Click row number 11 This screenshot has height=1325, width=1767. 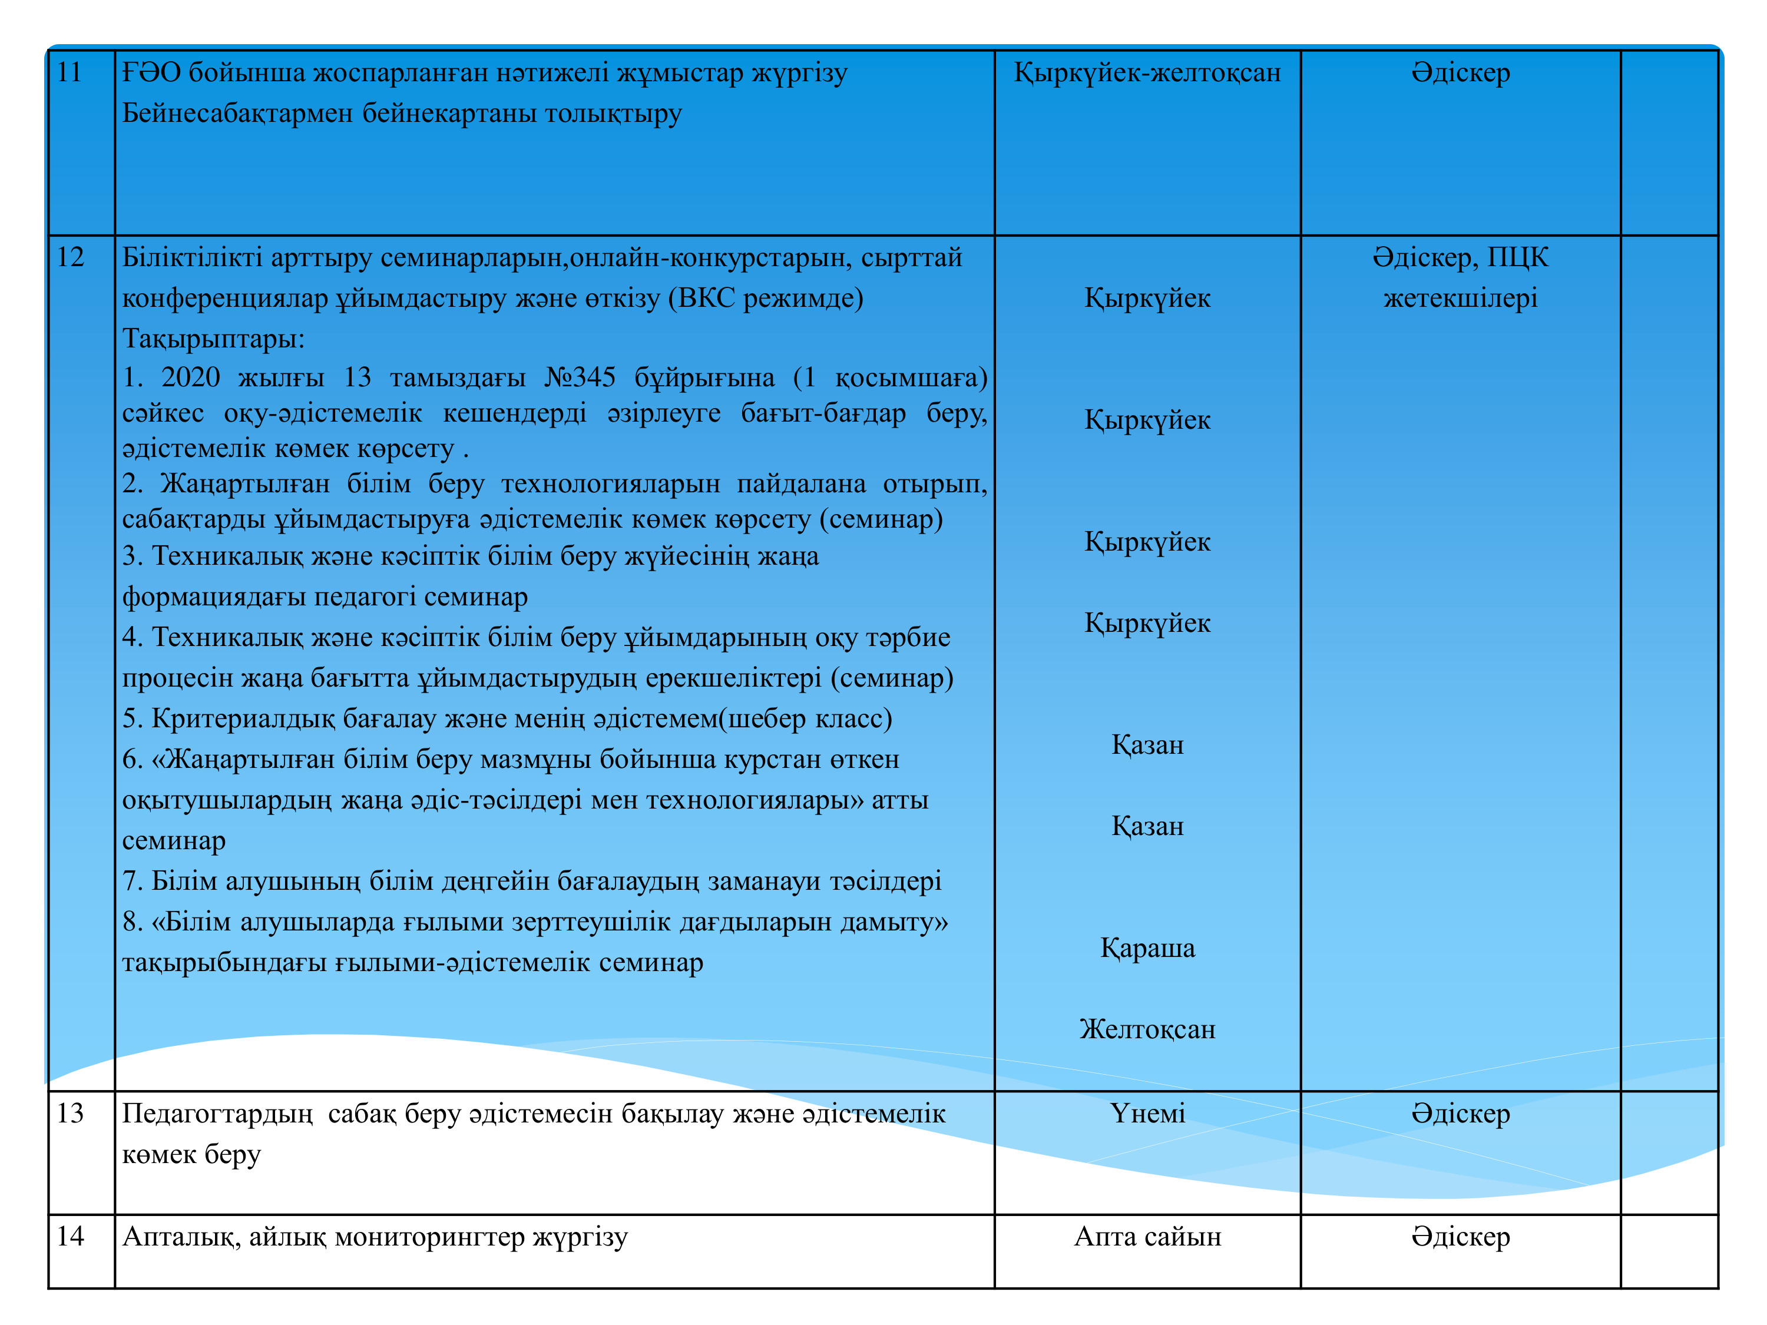point(70,72)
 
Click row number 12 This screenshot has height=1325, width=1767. point(70,257)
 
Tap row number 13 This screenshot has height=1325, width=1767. point(70,1114)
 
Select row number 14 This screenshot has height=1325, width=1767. point(70,1236)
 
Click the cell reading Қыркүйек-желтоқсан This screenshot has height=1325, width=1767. point(1147,72)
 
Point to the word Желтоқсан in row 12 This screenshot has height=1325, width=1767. point(1147,1029)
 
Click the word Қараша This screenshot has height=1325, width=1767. point(1147,948)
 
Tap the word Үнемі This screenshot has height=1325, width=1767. point(1147,1114)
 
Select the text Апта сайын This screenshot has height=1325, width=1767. point(1147,1236)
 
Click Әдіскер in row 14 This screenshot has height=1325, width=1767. point(1460,1236)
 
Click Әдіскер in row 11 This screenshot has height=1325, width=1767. point(1460,72)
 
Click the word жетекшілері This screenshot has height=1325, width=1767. point(1460,298)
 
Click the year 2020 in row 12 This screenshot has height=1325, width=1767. point(190,377)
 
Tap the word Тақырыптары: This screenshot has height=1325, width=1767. point(213,339)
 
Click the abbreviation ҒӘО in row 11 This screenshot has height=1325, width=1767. point(152,72)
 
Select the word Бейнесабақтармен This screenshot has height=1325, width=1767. point(238,114)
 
